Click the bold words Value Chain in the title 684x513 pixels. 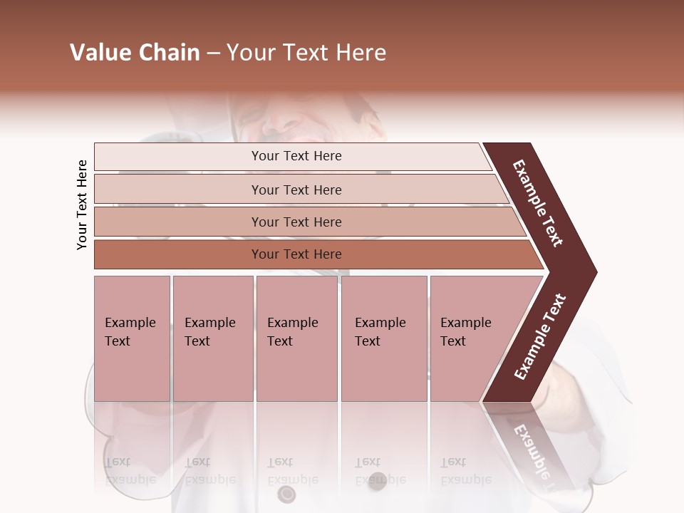[x=135, y=53]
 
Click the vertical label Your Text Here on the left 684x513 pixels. [x=82, y=204]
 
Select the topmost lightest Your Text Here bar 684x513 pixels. [x=296, y=156]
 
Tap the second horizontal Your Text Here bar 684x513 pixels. [x=296, y=190]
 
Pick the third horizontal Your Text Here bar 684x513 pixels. [x=296, y=222]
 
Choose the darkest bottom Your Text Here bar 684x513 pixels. [x=296, y=254]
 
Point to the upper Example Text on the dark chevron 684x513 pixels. [x=538, y=203]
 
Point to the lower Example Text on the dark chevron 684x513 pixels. [x=540, y=337]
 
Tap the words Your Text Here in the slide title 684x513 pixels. [x=306, y=53]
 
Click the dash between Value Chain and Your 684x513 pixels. [x=213, y=53]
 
